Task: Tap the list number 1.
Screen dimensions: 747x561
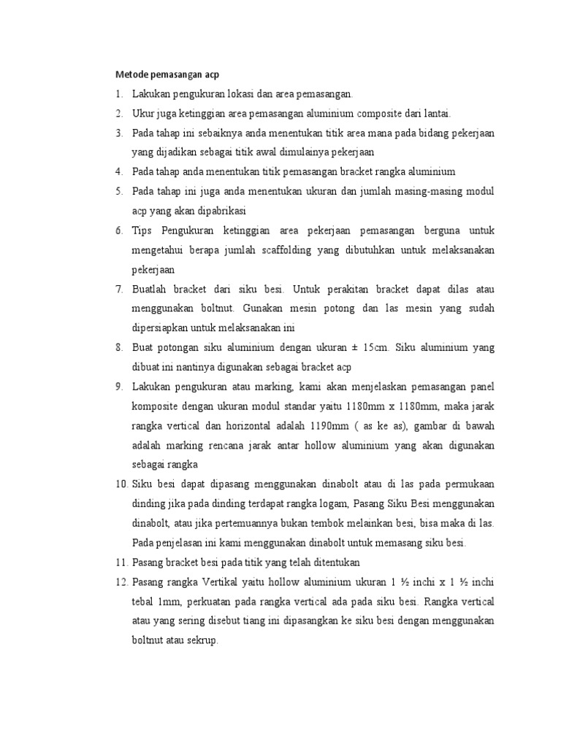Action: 118,94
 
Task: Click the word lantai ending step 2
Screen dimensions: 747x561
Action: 436,114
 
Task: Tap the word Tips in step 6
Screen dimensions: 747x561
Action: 142,231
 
